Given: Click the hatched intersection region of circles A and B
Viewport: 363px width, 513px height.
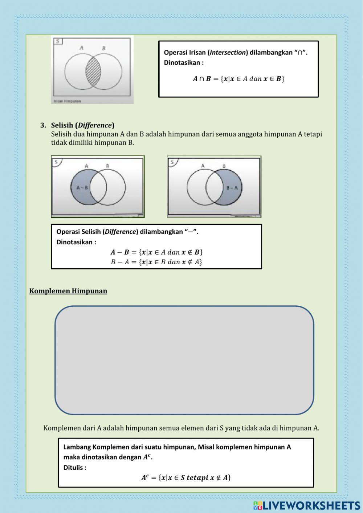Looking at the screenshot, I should tap(93, 71).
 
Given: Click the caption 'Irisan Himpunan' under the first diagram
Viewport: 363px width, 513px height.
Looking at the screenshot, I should tap(67, 101).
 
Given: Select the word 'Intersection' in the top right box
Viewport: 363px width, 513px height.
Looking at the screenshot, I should tap(228, 53).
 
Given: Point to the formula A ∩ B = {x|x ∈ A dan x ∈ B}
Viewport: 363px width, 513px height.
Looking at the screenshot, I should tap(238, 79).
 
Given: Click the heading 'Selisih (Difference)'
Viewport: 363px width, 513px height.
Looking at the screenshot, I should tap(82, 125).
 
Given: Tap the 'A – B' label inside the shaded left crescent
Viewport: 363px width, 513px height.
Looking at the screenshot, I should tap(82, 188).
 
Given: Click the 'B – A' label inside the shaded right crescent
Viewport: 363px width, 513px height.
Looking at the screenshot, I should tap(232, 188).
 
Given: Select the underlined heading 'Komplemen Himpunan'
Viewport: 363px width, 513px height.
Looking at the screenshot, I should tap(68, 291).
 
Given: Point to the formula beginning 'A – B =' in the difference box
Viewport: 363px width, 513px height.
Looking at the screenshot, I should tap(156, 252).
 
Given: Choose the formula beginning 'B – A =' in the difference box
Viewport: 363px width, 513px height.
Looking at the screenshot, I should tap(156, 262).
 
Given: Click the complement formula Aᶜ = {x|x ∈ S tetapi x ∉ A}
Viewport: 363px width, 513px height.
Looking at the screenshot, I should tap(186, 478).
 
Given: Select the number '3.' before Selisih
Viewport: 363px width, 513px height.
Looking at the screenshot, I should tap(43, 125).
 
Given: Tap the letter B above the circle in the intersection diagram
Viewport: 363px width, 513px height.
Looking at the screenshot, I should tap(104, 48).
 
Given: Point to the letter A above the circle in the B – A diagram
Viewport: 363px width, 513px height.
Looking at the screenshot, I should tap(203, 166).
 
